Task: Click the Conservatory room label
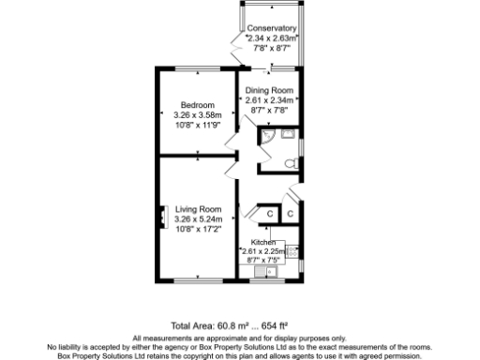272,29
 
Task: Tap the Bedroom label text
198,104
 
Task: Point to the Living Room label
198,208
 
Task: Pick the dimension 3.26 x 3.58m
198,115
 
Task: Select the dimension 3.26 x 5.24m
198,219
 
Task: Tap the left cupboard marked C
269,215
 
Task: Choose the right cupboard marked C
291,215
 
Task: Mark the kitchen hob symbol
292,251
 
